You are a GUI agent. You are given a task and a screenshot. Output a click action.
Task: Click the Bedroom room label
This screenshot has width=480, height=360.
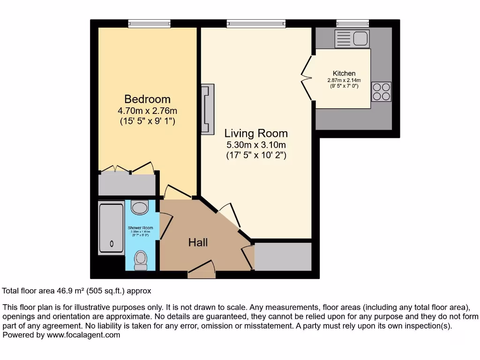coord(147,99)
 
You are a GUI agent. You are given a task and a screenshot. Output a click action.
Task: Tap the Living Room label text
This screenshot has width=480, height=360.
coord(256,133)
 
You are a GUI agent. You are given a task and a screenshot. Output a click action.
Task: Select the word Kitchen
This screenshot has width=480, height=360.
coord(344,74)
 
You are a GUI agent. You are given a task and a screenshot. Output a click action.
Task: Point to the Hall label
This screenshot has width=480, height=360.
coord(198,242)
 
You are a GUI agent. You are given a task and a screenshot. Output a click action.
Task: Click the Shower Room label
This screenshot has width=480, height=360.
coord(141,228)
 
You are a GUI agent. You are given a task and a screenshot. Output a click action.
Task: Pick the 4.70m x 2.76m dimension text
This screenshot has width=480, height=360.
coord(147,111)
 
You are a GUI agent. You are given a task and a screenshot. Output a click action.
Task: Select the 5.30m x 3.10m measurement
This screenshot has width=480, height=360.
coord(256,144)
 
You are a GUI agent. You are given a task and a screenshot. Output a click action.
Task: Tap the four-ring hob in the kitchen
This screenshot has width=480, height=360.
coord(381,91)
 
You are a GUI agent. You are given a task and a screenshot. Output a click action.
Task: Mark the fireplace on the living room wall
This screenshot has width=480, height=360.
coord(207,109)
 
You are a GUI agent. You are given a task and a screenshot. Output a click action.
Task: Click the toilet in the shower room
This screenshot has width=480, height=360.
coord(140,260)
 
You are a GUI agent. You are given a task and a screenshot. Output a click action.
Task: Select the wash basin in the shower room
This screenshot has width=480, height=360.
coord(139,206)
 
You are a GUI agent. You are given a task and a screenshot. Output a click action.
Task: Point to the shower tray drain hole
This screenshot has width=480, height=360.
coord(112,243)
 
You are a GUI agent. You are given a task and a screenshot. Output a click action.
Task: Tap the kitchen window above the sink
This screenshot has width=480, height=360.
coord(352,23)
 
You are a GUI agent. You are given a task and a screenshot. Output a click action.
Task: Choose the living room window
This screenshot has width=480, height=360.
coord(256,23)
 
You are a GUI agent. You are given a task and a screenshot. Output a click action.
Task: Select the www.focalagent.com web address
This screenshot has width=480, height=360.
coord(82,335)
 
